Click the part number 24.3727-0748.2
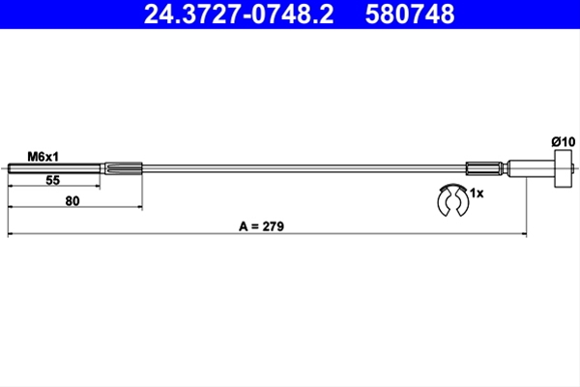click(x=239, y=15)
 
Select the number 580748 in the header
click(x=410, y=15)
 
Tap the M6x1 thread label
click(x=43, y=157)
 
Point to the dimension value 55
click(x=53, y=180)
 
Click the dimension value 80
click(x=72, y=201)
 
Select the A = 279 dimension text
click(x=262, y=226)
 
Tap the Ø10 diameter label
click(x=564, y=142)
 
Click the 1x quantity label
click(x=477, y=193)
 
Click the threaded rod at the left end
click(x=54, y=169)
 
